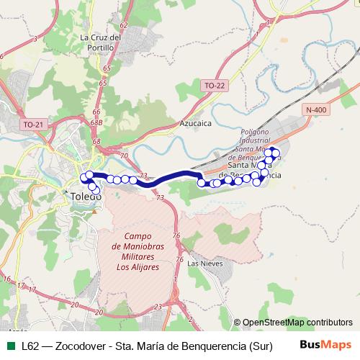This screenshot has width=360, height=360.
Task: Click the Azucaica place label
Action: click(x=195, y=123)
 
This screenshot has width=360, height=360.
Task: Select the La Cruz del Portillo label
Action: click(x=98, y=42)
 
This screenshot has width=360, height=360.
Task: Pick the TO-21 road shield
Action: click(x=33, y=125)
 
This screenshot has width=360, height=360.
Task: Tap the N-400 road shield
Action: click(x=316, y=109)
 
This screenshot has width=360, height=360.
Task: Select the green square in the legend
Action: click(x=10, y=346)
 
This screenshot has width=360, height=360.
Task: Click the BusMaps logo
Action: click(x=325, y=345)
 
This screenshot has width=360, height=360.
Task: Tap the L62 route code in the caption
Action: click(x=31, y=346)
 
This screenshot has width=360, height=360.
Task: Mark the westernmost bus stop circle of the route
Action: click(x=83, y=177)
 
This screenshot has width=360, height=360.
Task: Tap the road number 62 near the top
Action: click(x=124, y=24)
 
